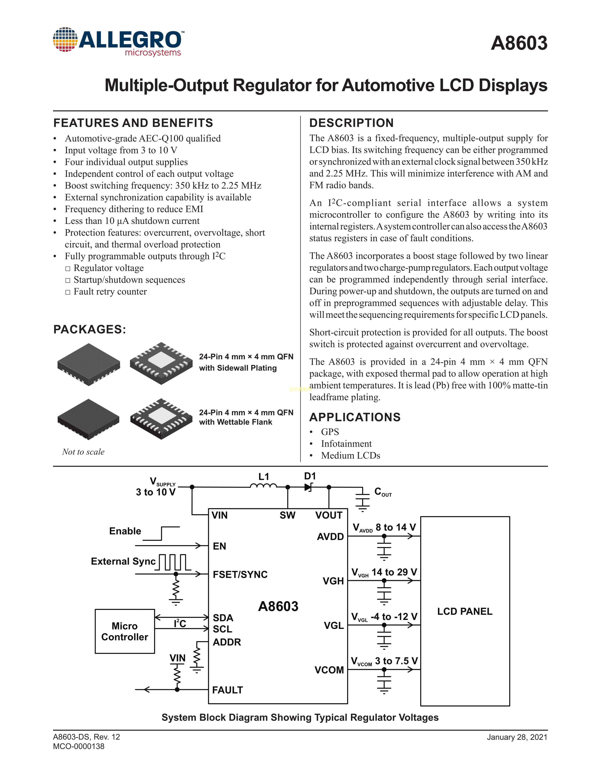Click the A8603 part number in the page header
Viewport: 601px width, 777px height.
point(519,43)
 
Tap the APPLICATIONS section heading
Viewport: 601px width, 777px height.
point(355,417)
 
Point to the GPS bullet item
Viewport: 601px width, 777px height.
point(330,432)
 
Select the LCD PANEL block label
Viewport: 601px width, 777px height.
point(465,611)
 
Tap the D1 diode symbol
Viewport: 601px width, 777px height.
point(308,487)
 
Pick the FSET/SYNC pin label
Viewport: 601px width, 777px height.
point(240,575)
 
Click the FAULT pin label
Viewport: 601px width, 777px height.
point(227,690)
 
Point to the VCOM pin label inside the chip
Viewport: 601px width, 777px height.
point(329,670)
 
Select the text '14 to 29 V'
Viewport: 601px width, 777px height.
point(394,572)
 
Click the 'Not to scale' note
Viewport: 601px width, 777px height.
point(83,452)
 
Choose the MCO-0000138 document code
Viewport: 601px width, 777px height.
point(79,746)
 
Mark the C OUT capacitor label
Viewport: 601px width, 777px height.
point(383,492)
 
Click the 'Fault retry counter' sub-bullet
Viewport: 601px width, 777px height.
point(110,292)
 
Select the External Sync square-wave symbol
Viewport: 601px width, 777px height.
point(173,562)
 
